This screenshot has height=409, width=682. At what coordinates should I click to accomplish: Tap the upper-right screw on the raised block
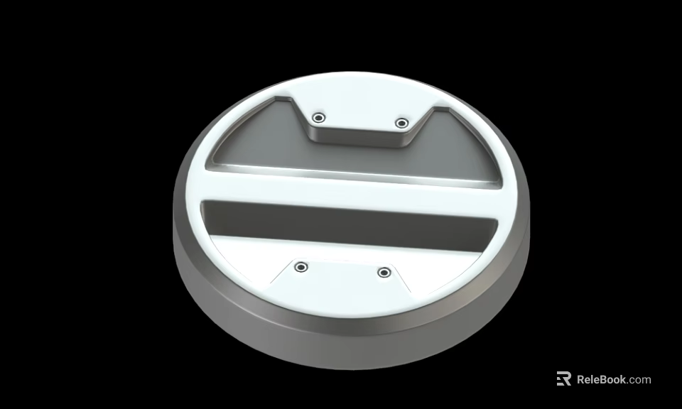401,123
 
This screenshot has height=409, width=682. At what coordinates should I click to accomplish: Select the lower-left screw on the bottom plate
302,266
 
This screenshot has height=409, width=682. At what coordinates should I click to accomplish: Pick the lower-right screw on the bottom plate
384,272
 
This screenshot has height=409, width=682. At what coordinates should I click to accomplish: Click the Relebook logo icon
563,379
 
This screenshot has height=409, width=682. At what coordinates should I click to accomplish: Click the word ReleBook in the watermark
601,379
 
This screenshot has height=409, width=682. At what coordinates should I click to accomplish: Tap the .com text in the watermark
639,379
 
